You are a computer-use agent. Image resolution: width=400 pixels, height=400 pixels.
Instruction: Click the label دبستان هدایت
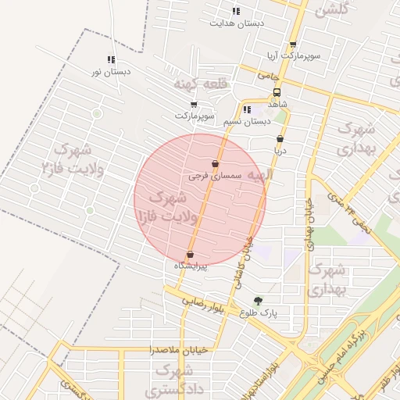click(x=237, y=24)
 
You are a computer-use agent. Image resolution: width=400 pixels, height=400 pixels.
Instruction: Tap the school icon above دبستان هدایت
click(x=236, y=11)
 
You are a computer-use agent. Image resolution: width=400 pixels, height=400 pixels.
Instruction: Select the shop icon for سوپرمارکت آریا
click(x=293, y=45)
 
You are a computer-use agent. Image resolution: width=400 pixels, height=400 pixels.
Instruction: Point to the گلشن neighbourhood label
click(x=330, y=10)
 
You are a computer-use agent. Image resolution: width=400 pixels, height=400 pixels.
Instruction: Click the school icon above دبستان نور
click(x=111, y=59)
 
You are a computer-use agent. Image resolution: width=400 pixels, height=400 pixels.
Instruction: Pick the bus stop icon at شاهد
click(x=277, y=91)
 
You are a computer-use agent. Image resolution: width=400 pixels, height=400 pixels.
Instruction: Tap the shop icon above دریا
click(x=280, y=139)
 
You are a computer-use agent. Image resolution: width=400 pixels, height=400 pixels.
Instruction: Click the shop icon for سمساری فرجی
click(x=216, y=164)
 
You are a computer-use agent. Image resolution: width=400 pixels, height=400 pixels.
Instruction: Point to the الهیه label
click(x=257, y=175)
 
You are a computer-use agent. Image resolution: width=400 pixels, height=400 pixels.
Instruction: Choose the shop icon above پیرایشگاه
click(x=190, y=254)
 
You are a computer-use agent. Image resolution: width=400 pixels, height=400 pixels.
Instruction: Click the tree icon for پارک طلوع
click(x=258, y=300)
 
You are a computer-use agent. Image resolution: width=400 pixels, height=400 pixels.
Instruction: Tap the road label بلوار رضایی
click(x=204, y=302)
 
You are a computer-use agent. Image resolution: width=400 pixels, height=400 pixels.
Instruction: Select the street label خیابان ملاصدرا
click(x=180, y=351)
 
